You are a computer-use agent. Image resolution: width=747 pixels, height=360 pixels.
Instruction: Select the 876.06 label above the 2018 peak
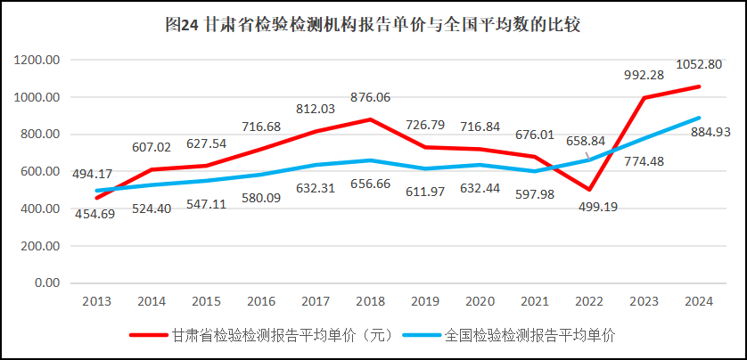tap(371, 97)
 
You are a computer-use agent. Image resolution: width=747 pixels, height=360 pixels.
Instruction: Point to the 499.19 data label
tap(590, 208)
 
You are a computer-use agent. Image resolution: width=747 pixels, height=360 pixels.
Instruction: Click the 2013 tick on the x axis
tap(97, 301)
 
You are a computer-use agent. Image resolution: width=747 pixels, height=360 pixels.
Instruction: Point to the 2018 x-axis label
tap(371, 301)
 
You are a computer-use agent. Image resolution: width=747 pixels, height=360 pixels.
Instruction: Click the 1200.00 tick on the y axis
tap(37, 60)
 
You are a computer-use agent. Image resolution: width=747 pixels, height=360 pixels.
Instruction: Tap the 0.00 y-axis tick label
tap(44, 282)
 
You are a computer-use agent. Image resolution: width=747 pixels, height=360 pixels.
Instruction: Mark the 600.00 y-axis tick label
tap(39, 171)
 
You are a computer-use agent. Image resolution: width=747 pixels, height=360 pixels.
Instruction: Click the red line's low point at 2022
tap(589, 189)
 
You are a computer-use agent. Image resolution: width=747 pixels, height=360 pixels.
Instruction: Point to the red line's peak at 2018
tap(371, 119)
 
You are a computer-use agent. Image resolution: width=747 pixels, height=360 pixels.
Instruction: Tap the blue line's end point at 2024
tap(699, 118)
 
